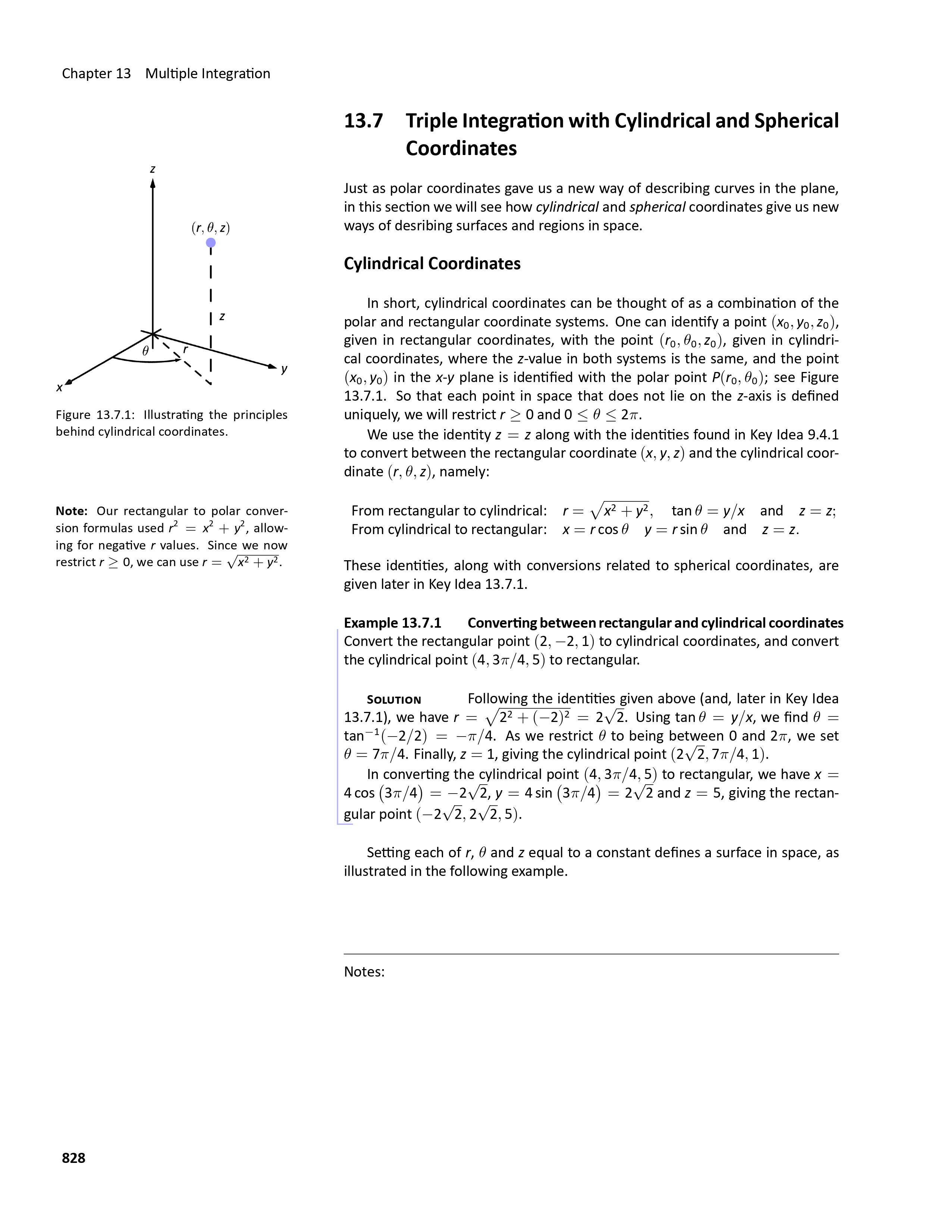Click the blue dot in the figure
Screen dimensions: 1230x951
(211, 243)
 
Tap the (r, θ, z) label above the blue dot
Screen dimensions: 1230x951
(211, 228)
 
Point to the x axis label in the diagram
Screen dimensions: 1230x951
(59, 388)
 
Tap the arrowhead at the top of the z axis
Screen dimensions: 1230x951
(153, 183)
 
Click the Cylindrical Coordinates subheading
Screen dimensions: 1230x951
(432, 264)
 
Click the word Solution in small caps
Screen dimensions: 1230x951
(394, 700)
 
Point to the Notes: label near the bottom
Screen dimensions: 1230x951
(364, 971)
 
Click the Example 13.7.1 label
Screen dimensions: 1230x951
(393, 623)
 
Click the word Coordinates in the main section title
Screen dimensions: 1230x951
(461, 149)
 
